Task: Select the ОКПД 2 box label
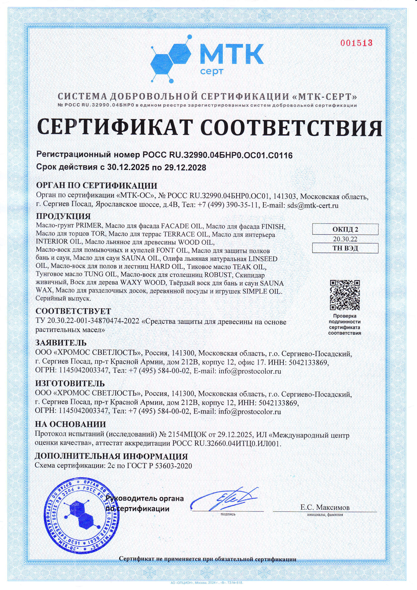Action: [x=345, y=229]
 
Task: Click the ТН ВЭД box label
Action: [x=345, y=248]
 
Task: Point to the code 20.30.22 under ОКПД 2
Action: [x=345, y=239]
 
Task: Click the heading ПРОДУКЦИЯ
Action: [x=64, y=216]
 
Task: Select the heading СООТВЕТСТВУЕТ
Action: [x=73, y=311]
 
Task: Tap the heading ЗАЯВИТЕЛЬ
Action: [x=61, y=343]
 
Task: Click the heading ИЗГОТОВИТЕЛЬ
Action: [x=70, y=384]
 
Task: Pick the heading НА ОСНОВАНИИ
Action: [x=70, y=424]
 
